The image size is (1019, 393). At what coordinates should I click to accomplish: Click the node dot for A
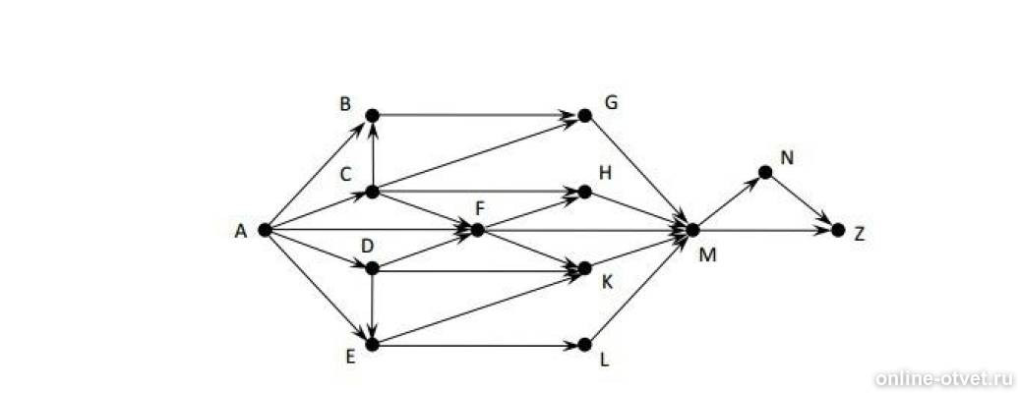[265, 229]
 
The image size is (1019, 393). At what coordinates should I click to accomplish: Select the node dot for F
[478, 229]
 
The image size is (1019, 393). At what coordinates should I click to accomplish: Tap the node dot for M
[692, 229]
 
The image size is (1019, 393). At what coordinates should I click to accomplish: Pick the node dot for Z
[838, 229]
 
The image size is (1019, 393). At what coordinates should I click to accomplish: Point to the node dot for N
[765, 172]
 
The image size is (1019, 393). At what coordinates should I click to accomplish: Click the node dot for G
[585, 115]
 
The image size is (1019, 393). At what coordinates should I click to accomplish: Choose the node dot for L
[585, 344]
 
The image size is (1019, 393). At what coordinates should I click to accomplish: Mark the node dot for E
[372, 344]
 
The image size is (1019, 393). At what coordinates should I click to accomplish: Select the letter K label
[608, 282]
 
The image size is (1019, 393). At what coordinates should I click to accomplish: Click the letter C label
[346, 174]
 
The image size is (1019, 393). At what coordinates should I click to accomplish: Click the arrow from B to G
[478, 115]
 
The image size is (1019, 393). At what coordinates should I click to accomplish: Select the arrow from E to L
[478, 344]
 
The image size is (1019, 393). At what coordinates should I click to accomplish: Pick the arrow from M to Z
[765, 229]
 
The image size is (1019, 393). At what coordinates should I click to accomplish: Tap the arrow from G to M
[638, 172]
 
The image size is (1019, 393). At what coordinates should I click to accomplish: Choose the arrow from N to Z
[802, 200]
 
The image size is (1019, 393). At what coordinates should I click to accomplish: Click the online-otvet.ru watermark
[944, 378]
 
